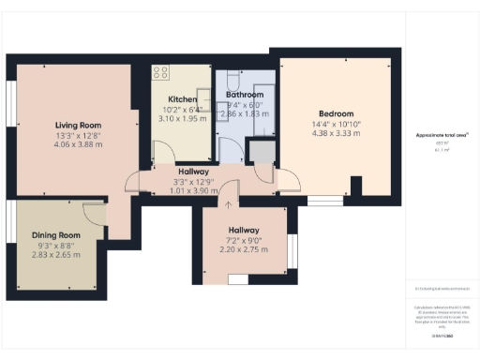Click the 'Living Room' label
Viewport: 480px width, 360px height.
[78, 125]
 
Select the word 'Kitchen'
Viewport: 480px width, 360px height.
[182, 98]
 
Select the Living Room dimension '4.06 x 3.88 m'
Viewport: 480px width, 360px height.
[78, 144]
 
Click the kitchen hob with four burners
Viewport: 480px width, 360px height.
[159, 71]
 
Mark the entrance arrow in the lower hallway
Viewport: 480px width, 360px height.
[228, 202]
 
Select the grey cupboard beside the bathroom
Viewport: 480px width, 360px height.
[261, 151]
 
